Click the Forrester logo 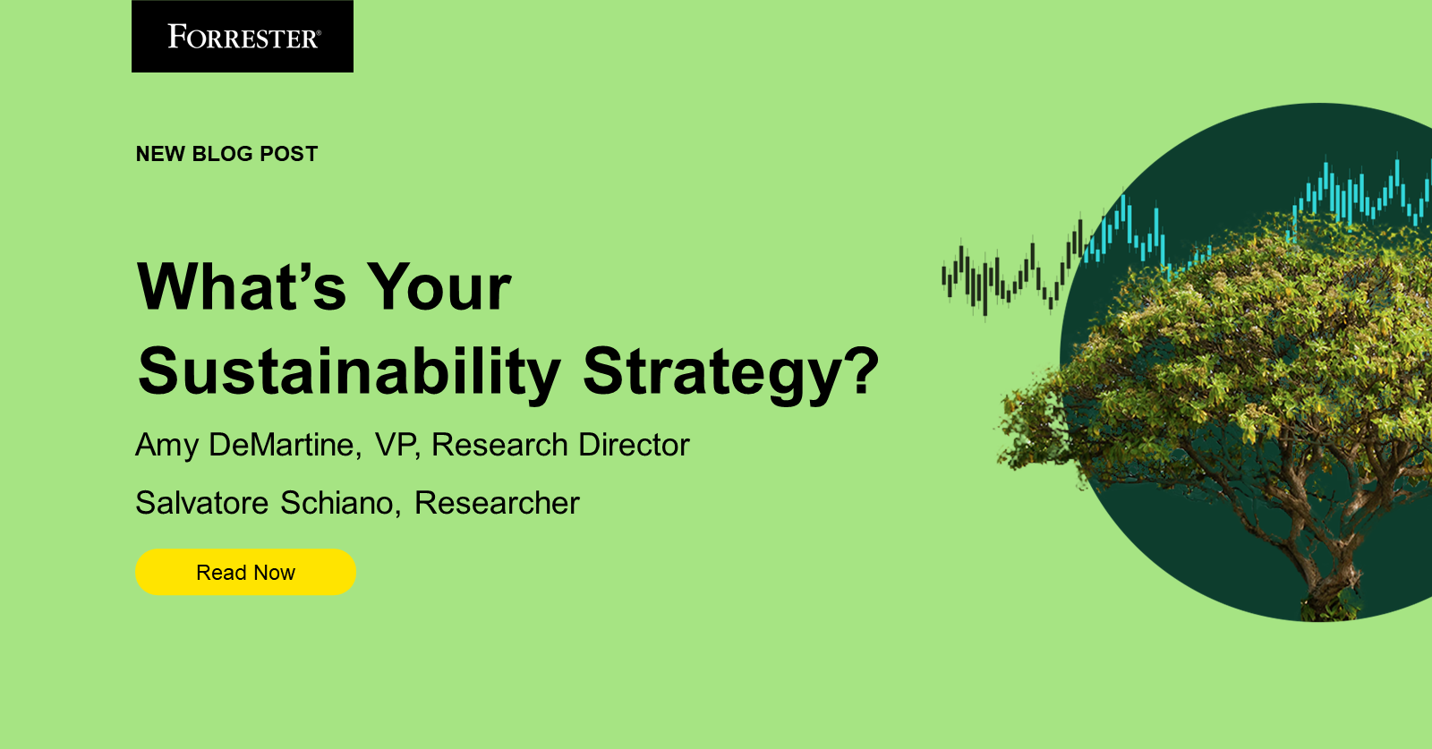[243, 37]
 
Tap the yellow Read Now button [245, 573]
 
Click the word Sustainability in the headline [349, 371]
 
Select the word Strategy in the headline [712, 371]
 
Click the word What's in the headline [242, 287]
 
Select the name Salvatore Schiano [264, 503]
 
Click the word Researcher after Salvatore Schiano [497, 503]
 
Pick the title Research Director [560, 445]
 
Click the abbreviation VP [395, 445]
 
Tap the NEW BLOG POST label [226, 154]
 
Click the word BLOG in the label [222, 154]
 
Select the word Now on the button [274, 573]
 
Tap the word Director [634, 445]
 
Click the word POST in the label [288, 154]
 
